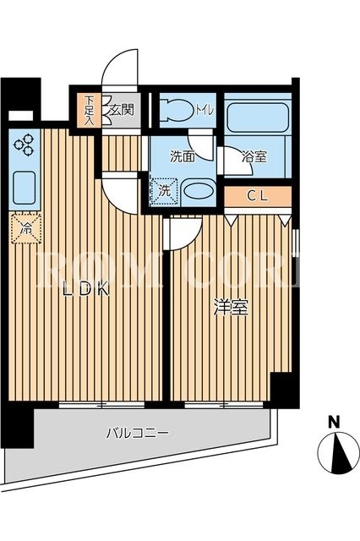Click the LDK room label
pyautogui.click(x=86, y=289)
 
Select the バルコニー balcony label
pyautogui.click(x=137, y=433)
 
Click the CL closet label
pyautogui.click(x=258, y=196)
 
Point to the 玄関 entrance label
pyautogui.click(x=122, y=111)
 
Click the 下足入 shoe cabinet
pyautogui.click(x=90, y=111)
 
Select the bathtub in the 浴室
pyautogui.click(x=257, y=117)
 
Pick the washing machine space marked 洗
pyautogui.click(x=165, y=192)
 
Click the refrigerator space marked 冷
pyautogui.click(x=25, y=228)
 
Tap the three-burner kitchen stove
pyautogui.click(x=25, y=145)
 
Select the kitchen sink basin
pyautogui.click(x=25, y=188)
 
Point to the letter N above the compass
pyautogui.click(x=333, y=422)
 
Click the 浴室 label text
pyautogui.click(x=254, y=156)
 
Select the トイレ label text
pyautogui.click(x=205, y=110)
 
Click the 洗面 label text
pyautogui.click(x=183, y=156)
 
